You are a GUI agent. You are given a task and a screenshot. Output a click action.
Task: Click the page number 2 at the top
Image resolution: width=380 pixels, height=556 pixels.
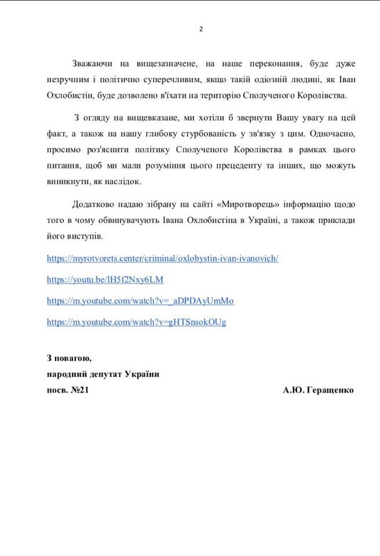(202, 29)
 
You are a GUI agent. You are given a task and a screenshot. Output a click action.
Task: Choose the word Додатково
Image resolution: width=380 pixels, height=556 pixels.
(94, 204)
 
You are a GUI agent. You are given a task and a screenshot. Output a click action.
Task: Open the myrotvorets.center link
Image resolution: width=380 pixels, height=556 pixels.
(162, 258)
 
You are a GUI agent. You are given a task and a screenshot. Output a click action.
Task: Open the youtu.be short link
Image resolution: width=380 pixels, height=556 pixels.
(105, 280)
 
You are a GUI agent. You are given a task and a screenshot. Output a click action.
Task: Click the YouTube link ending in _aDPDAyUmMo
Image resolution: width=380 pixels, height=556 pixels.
(140, 301)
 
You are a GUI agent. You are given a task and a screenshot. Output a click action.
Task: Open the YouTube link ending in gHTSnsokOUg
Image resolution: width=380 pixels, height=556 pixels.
(136, 322)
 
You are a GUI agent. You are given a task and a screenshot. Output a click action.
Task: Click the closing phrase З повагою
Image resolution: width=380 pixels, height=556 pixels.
(69, 357)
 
